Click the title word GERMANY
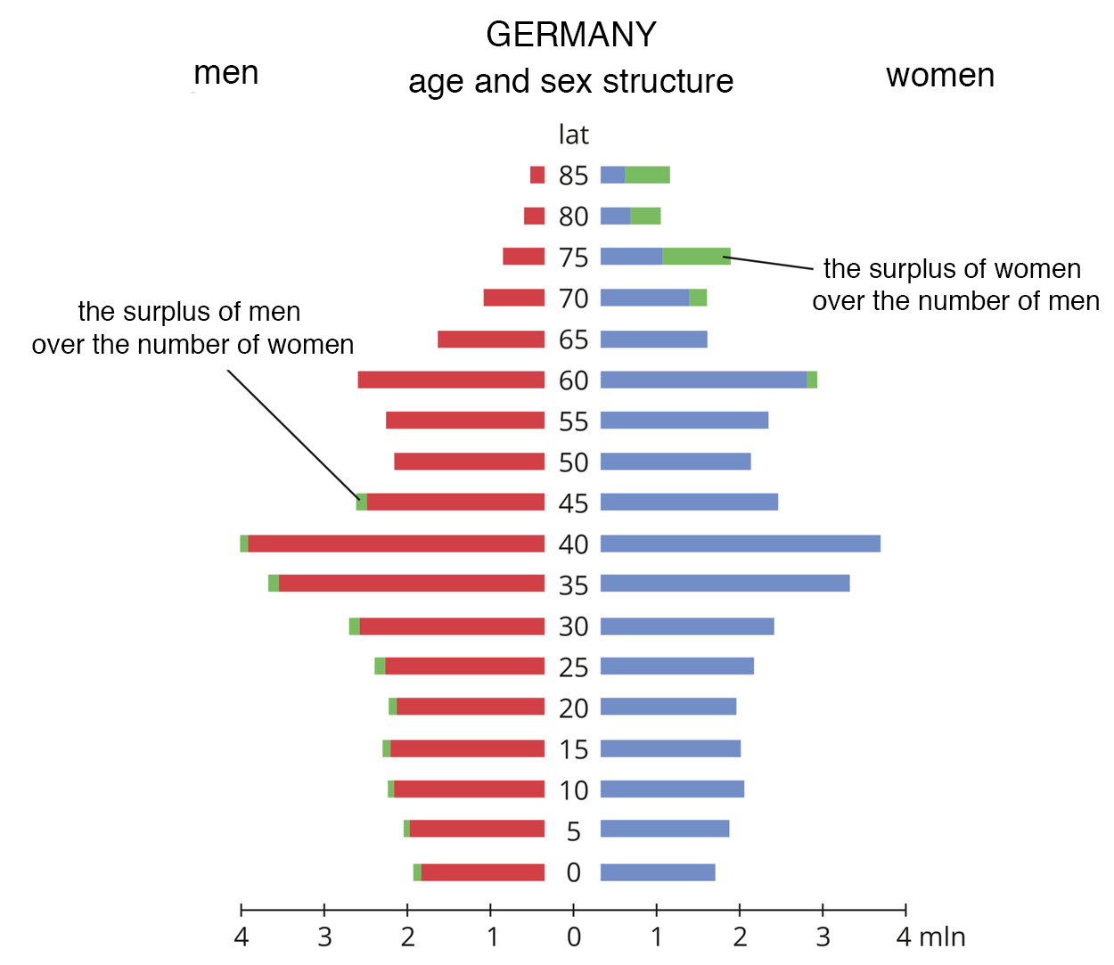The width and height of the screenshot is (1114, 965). [x=570, y=35]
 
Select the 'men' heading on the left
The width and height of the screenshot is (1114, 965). [x=225, y=73]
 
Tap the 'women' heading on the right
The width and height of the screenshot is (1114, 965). [x=939, y=76]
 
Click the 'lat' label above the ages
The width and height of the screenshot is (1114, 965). [x=573, y=135]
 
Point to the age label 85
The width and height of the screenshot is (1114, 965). [x=573, y=176]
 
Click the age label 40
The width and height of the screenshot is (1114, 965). [x=573, y=544]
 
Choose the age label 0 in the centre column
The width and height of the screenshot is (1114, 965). [x=573, y=872]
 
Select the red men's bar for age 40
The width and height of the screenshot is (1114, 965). [x=396, y=544]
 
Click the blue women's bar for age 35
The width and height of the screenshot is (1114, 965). [x=725, y=584]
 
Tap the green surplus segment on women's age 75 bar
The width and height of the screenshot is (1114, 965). [x=696, y=257]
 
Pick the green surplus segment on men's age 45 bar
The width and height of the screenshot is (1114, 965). [x=361, y=502]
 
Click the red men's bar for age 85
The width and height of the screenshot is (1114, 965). [x=537, y=175]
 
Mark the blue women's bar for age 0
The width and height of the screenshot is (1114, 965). [x=658, y=872]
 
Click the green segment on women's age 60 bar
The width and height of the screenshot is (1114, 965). [x=812, y=380]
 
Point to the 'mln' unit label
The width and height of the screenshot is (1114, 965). [x=942, y=937]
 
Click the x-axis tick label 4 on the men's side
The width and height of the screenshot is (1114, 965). [x=241, y=937]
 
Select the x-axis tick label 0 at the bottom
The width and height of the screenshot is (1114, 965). [x=573, y=937]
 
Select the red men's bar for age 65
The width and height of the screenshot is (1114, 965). [x=491, y=339]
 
